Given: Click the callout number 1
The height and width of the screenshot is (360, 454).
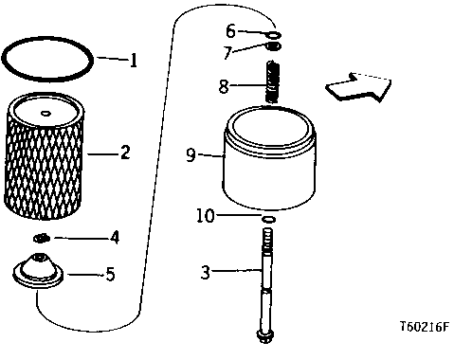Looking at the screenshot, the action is (134, 60).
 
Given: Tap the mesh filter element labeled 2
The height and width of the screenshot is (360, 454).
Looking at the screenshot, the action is (45, 156).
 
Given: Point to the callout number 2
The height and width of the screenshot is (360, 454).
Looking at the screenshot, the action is (125, 152).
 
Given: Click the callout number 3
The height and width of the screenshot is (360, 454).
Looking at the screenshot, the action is (206, 272).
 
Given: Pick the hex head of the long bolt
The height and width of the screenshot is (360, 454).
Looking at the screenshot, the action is (265, 336).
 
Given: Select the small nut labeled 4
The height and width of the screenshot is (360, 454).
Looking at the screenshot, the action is (42, 239).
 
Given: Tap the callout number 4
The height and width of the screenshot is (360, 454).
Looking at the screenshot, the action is (115, 237).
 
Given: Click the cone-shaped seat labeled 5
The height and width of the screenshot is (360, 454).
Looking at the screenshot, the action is (38, 271).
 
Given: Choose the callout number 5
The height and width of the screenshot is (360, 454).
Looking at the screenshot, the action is (110, 274).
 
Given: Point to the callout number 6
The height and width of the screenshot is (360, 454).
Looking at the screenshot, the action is (230, 31).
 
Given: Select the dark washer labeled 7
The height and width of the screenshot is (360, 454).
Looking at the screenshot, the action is (274, 46).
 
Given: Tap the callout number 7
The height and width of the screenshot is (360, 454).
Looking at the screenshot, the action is (228, 52).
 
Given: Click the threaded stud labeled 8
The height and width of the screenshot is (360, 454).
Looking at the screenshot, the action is (273, 82).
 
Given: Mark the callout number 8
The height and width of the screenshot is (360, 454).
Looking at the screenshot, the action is (224, 86).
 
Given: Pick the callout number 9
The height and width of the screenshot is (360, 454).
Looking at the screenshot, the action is (191, 154).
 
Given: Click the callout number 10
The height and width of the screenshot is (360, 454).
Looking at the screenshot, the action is (206, 216).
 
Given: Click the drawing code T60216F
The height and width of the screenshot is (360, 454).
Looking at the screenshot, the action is (425, 327).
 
